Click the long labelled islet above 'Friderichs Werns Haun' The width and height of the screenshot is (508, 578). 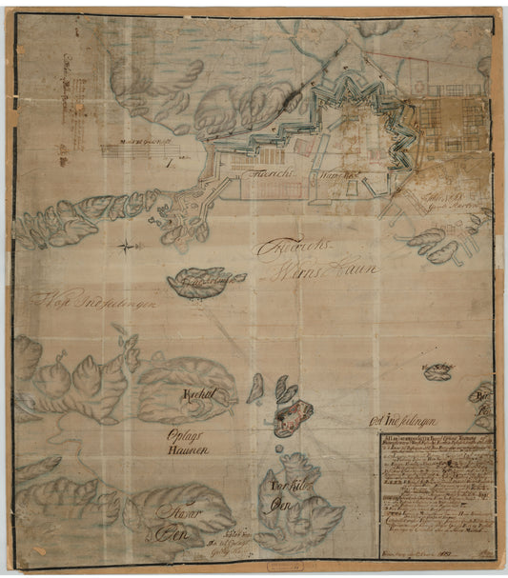pos(204,282)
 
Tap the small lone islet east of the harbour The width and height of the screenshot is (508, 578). pos(437,373)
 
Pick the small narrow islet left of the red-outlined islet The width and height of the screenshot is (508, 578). pos(255,389)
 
